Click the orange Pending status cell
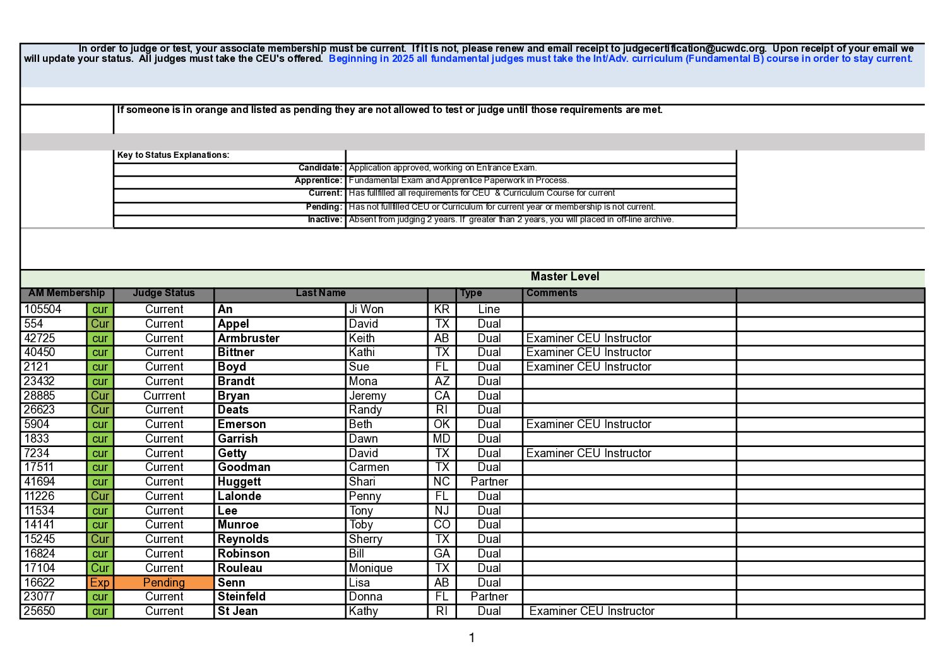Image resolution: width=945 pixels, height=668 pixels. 164,582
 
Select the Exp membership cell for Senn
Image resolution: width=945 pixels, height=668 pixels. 100,582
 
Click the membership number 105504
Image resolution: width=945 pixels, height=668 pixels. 43,309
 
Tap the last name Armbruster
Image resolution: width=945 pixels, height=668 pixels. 249,338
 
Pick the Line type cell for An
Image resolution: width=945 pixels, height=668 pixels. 489,309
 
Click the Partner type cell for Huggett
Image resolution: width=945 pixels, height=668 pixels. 489,482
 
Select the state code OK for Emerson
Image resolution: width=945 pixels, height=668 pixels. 442,424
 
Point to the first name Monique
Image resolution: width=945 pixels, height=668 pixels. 371,568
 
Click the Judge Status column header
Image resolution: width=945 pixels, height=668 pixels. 163,293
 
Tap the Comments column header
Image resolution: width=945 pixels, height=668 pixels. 552,293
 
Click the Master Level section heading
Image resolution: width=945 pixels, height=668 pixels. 564,277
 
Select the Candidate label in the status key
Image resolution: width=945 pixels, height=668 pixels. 320,168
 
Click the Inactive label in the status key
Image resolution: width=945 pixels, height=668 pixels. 324,220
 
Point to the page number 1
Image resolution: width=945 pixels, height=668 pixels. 472,638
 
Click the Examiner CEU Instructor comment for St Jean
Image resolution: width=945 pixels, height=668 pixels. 591,611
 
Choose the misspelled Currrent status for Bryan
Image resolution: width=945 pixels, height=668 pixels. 164,396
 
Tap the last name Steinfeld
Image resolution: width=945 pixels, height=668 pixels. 242,597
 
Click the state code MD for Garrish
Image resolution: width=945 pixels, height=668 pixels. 442,439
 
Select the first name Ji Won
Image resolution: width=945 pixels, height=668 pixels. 366,309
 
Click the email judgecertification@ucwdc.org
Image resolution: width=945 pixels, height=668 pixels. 694,49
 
